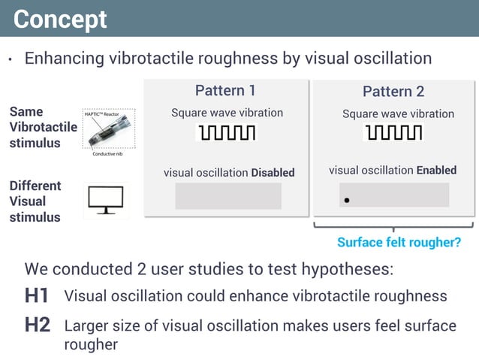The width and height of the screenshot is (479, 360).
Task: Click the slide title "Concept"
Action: coord(60,19)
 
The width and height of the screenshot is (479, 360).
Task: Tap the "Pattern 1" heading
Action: coord(225,91)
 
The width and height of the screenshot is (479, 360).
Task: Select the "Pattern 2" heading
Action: coord(393,92)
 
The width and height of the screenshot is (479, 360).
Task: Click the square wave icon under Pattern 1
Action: coord(226,133)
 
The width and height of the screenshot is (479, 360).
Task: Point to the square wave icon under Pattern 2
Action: coord(393,133)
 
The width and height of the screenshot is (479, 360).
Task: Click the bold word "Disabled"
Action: coord(273,173)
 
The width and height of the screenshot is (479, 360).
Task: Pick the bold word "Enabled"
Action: coord(436,171)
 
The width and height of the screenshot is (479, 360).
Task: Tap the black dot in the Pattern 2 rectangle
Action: coord(346,201)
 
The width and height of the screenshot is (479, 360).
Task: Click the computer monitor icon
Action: coord(105,200)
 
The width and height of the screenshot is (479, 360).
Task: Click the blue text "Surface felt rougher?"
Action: coord(399,243)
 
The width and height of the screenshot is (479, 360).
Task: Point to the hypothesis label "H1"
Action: coord(37,296)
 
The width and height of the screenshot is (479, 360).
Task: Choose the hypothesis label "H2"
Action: coord(37,326)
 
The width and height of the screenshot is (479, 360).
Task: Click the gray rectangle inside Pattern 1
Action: coord(228,196)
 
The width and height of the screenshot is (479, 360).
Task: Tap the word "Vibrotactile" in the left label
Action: coord(43,127)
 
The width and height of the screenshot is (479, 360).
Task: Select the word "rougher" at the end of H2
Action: coord(91,344)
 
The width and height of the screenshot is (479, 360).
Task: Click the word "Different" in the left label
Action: coord(35,186)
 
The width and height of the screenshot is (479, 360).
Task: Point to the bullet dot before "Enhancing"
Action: coord(11,60)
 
